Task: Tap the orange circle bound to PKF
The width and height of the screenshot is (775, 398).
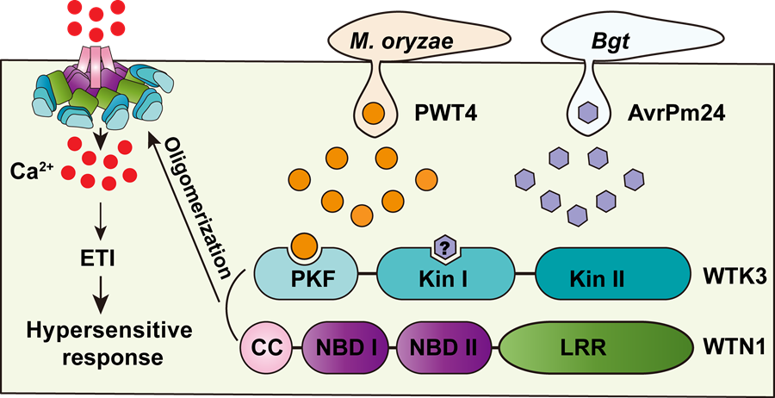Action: (303, 245)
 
